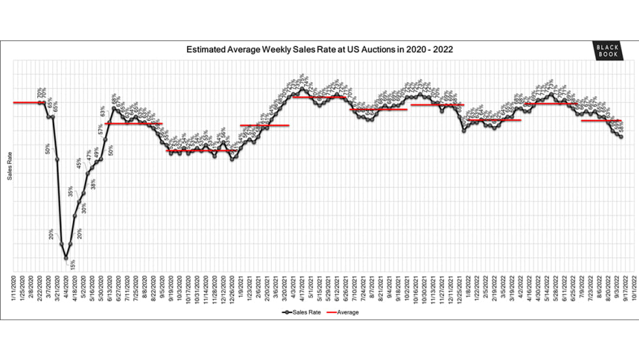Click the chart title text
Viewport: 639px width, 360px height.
click(320, 49)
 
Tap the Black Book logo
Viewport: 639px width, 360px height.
click(604, 51)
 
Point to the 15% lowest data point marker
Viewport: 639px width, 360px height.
click(66, 258)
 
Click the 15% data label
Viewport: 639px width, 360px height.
click(72, 265)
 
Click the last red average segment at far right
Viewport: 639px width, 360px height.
click(601, 121)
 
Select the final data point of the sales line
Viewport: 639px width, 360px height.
click(620, 136)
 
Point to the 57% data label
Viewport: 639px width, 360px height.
click(101, 128)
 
